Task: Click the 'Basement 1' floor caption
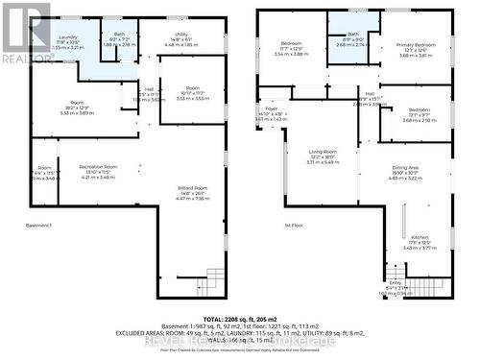pos(38,226)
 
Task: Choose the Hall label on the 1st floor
pos(369,99)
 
